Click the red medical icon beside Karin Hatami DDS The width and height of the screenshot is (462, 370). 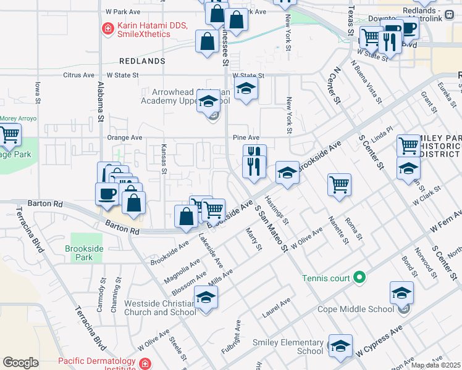coord(107,28)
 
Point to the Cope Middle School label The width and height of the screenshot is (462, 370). coord(355,309)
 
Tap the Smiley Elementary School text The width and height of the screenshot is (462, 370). coord(288,347)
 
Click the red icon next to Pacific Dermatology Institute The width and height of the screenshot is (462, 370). coord(145,364)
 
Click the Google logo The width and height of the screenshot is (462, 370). coord(20,363)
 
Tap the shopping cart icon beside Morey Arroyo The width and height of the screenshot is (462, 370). coord(9,135)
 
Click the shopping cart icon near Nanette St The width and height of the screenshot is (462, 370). coord(339,184)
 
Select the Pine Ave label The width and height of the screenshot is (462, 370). coord(246,138)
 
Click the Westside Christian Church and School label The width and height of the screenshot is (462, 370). coord(159,308)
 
